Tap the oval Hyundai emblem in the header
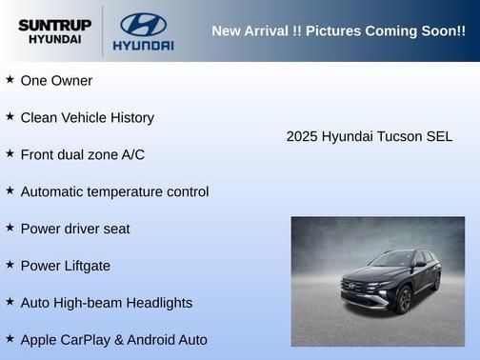(x=143, y=24)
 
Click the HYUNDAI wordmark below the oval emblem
(x=143, y=45)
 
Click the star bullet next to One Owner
(x=10, y=80)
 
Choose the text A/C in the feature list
(x=131, y=154)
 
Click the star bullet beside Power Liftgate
(x=10, y=265)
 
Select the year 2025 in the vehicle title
(x=302, y=137)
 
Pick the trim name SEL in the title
(x=439, y=137)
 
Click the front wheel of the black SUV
(x=404, y=300)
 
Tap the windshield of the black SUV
(x=393, y=259)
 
